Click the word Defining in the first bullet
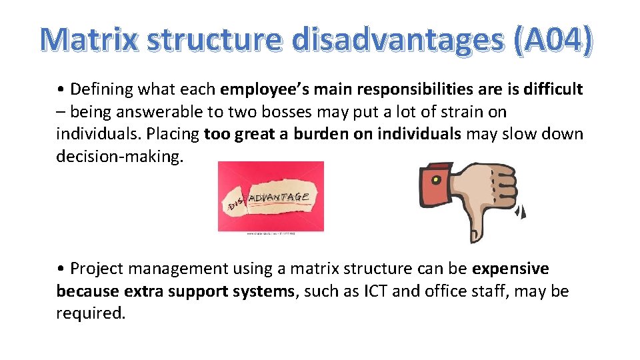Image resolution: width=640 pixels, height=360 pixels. (x=100, y=89)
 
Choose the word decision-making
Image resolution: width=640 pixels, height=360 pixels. (x=119, y=157)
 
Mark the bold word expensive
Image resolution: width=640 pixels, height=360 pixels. (x=511, y=269)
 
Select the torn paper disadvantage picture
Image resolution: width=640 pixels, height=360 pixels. (x=271, y=197)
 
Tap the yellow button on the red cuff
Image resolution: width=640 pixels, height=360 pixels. (x=435, y=180)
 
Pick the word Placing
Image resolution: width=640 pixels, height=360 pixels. (x=171, y=134)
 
